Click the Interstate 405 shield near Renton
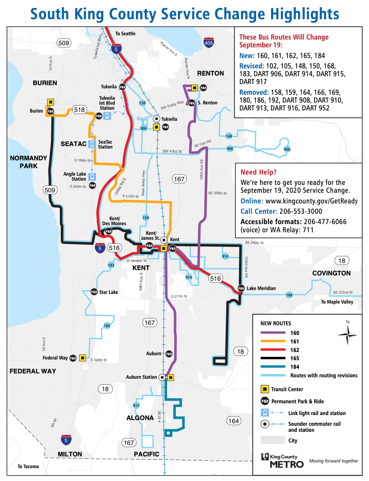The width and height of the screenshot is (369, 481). coord(209,43)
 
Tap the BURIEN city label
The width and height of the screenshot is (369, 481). coord(45,83)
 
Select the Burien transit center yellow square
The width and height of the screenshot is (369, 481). coord(51,102)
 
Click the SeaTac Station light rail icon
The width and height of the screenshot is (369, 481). coord(92,144)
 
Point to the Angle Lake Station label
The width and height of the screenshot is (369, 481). coord(75,176)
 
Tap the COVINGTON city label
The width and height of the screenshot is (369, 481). coord(331,273)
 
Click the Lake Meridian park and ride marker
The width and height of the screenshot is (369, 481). coord(241,288)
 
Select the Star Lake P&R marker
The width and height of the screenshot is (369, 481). coord(94,292)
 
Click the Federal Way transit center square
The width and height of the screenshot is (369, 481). coord(82,358)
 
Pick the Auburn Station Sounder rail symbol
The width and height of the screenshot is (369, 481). coord(162,377)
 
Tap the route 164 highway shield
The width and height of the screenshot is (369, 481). coord(234,421)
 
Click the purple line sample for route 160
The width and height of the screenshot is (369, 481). coord(273,333)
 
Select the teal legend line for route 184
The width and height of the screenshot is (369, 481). coord(273,367)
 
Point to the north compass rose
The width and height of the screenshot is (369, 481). coord(348,334)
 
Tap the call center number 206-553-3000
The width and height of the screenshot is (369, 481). coord(301,211)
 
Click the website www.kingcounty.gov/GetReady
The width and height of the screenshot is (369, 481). coord(311,201)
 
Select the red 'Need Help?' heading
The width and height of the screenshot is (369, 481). coord(259,172)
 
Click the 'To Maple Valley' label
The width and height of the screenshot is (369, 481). coord(337,302)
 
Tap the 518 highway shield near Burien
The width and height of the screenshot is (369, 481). coord(79,110)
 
